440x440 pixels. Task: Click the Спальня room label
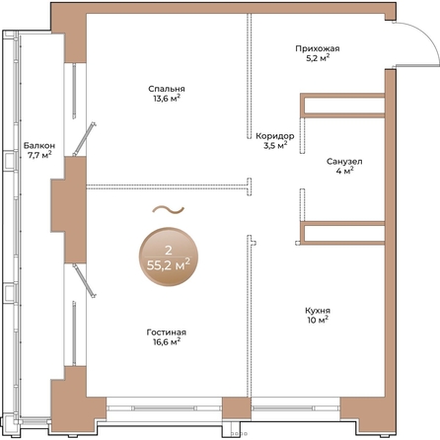tap(167, 89)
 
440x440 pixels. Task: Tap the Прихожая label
tap(318, 48)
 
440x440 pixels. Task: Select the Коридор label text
tap(275, 136)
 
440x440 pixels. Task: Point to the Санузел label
tap(344, 162)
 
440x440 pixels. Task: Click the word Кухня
tap(318, 311)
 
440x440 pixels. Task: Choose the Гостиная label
tap(167, 332)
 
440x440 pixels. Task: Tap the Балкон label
tap(39, 145)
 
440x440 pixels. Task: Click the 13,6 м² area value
tap(167, 99)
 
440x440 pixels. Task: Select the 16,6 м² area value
tap(167, 342)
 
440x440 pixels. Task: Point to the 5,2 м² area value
tap(318, 58)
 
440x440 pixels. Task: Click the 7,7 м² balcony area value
tap(39, 155)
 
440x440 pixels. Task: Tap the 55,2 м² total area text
tap(168, 264)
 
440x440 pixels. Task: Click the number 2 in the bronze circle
tap(169, 251)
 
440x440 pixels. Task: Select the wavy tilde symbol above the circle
tap(168, 209)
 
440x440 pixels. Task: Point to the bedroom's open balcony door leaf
tap(84, 138)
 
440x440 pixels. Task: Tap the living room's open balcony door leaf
tap(84, 280)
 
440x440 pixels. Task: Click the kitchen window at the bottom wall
tap(296, 408)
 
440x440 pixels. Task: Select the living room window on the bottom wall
tap(164, 408)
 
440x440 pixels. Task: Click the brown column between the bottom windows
tap(237, 408)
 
